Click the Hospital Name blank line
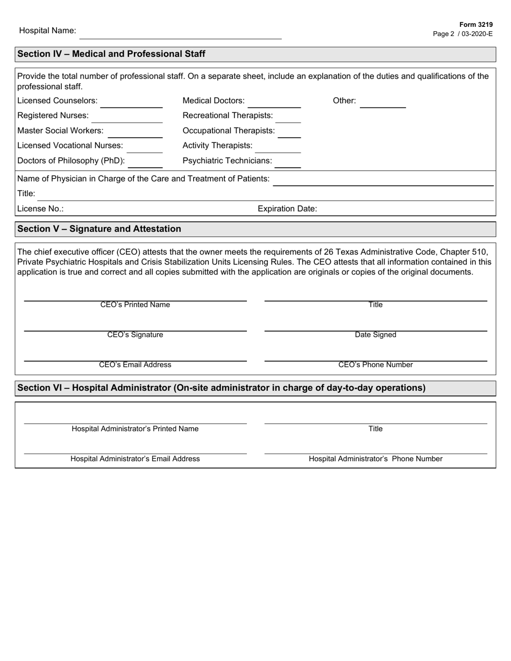180,35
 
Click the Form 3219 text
475,25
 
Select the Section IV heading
111,54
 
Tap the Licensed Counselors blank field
131,103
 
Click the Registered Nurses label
53,116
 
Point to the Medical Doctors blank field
274,103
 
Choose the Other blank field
382,103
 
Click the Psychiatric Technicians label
227,161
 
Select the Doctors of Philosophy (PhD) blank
145,163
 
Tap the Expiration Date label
287,209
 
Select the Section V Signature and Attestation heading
100,229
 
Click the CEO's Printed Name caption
135,305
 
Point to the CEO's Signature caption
135,335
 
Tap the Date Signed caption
375,335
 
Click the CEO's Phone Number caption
375,365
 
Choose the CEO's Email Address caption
135,365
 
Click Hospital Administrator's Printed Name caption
135,429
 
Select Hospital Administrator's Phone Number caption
375,459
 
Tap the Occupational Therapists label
229,131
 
